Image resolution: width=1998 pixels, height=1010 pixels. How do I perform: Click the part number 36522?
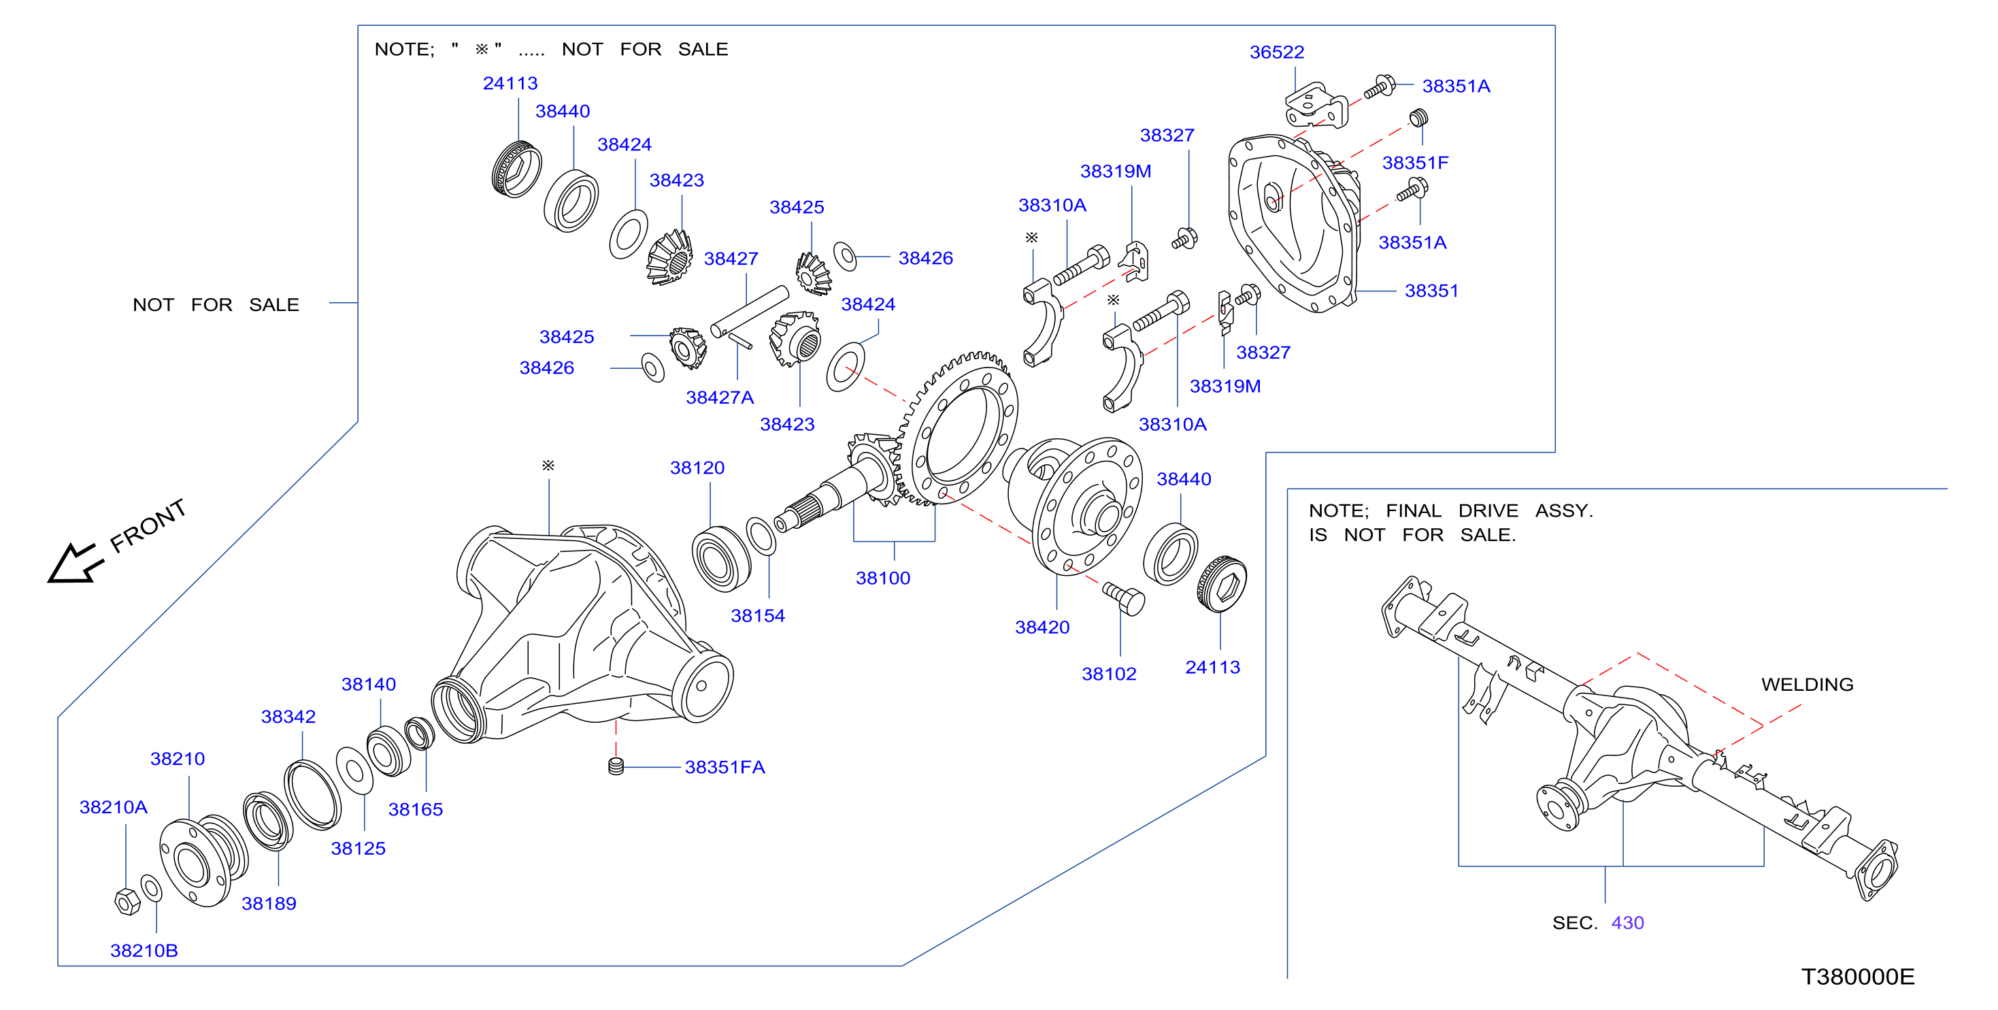[x=1276, y=52]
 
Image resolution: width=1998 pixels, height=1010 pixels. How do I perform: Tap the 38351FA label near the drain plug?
[x=725, y=766]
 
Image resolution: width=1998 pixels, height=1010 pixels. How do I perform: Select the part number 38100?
[x=882, y=578]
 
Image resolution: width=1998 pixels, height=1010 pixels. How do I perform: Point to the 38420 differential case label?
[x=1042, y=627]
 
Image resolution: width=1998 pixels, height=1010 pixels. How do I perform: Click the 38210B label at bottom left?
[x=144, y=950]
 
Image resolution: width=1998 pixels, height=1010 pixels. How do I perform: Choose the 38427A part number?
[x=719, y=397]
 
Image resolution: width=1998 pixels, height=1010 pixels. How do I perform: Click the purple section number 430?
[x=1627, y=922]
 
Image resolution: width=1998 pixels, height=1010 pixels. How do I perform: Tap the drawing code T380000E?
[x=1858, y=977]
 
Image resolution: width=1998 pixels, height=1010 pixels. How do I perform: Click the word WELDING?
[x=1808, y=684]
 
